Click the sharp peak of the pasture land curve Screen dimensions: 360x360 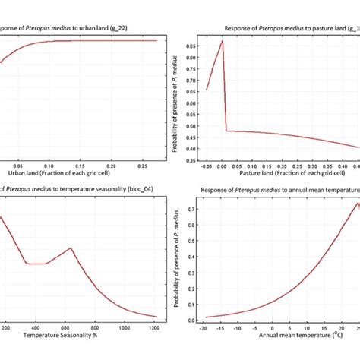coord(222,41)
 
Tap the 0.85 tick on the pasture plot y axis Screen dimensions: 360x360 coord(193,45)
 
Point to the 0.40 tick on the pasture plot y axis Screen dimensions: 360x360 coord(193,147)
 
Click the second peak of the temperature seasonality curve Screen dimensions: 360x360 coord(71,248)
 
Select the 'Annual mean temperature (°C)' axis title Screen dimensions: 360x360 coord(281,334)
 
